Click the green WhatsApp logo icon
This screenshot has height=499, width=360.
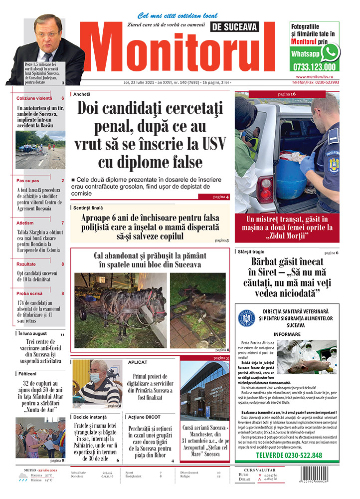point(330,52)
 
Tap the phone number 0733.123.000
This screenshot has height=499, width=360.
point(314,66)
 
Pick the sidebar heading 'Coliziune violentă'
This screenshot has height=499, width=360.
point(34,98)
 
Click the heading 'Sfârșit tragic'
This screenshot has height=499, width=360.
point(251,251)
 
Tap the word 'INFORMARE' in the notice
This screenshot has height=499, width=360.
point(287,334)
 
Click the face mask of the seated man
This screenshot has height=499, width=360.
point(95,378)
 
